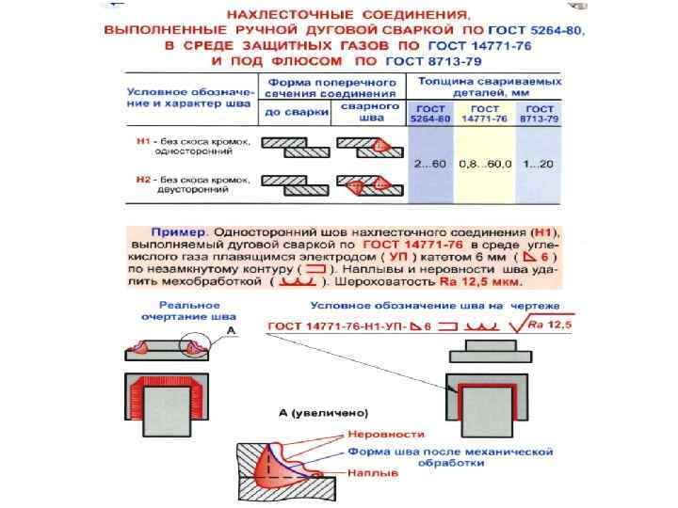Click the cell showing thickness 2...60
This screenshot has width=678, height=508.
tap(429, 163)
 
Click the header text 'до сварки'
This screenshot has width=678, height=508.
tap(292, 112)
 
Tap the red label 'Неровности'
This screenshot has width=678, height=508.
tap(385, 434)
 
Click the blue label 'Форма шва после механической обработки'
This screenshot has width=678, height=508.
tap(450, 452)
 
